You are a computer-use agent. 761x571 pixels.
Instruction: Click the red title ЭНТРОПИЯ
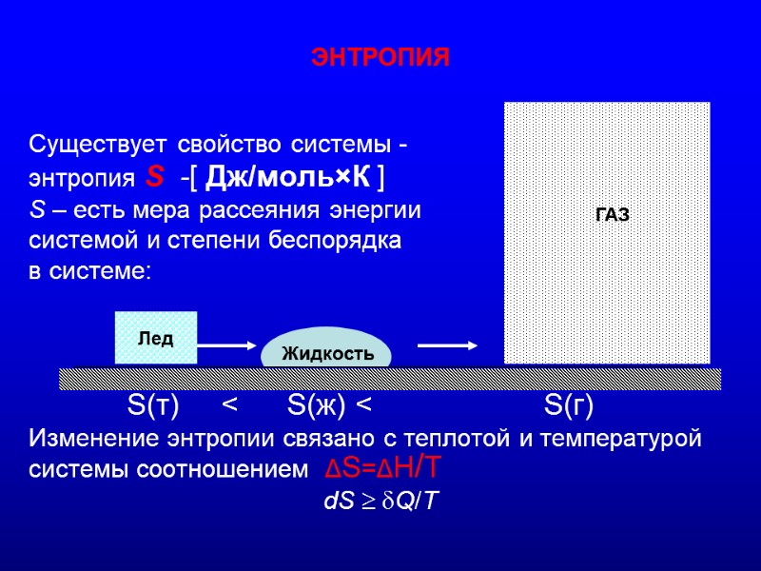tap(380, 58)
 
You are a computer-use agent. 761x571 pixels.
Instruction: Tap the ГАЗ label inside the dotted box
tap(612, 215)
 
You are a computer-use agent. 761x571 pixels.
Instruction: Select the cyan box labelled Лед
tap(156, 338)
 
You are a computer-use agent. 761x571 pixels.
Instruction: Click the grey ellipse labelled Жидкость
tap(326, 350)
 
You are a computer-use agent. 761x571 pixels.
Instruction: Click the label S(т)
tap(153, 407)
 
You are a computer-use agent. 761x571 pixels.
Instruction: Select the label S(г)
tap(569, 407)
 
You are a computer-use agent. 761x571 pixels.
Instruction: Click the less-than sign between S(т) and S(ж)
tap(230, 407)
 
